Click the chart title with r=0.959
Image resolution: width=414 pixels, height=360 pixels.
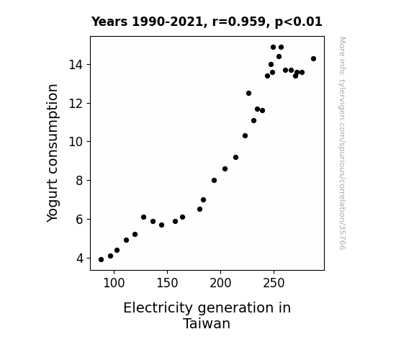207,22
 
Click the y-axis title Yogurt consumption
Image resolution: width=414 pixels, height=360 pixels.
53,153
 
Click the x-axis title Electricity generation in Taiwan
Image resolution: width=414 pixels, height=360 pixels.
207,315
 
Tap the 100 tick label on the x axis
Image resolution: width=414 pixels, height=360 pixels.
114,283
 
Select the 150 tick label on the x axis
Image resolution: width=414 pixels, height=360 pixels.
167,283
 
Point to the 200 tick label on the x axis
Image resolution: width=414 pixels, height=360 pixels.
220,283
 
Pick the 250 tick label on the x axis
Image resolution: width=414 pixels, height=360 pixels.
274,283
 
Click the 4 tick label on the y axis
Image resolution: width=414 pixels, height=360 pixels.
80,258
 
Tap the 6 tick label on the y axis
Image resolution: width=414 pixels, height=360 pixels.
80,220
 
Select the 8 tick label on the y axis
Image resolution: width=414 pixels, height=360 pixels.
80,181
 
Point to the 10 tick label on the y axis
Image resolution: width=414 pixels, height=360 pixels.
76,142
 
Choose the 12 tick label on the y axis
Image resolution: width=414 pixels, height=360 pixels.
76,103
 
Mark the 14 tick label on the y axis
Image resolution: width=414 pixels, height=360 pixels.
76,65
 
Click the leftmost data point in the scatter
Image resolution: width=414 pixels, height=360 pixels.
101,260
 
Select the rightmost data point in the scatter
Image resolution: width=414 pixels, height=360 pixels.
313,58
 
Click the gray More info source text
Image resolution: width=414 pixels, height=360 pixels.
342,143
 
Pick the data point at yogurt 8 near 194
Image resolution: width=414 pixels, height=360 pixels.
214,181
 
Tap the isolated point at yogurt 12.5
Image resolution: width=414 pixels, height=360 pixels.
248,93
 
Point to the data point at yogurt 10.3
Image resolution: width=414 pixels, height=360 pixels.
245,136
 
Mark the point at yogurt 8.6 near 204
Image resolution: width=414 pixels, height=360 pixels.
225,168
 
